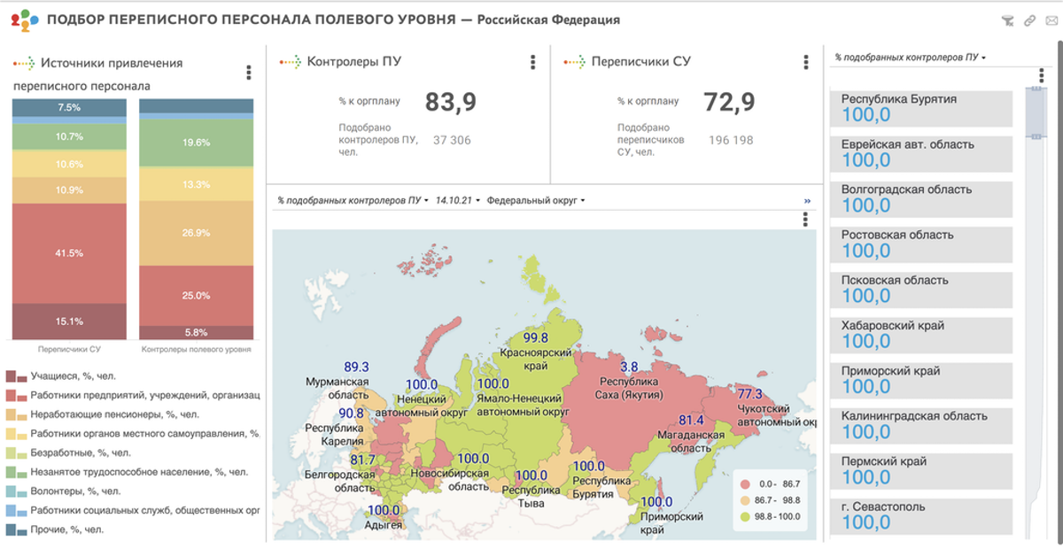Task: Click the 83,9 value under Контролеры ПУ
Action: point(451,103)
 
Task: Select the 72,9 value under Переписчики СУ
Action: point(729,103)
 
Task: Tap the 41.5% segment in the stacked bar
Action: point(69,253)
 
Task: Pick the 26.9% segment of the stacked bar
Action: point(197,233)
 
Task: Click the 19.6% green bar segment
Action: point(197,142)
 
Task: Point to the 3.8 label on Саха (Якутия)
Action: point(629,367)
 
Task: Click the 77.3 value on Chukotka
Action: point(749,393)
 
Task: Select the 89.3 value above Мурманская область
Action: point(356,367)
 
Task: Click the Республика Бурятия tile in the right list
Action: point(921,107)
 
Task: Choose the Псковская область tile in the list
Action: point(921,288)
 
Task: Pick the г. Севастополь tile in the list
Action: point(921,514)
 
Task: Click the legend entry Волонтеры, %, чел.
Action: point(75,491)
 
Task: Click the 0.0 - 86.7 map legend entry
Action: point(772,484)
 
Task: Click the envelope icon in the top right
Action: point(1051,20)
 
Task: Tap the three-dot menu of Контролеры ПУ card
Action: point(532,62)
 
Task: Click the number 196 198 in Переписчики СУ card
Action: point(730,140)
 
